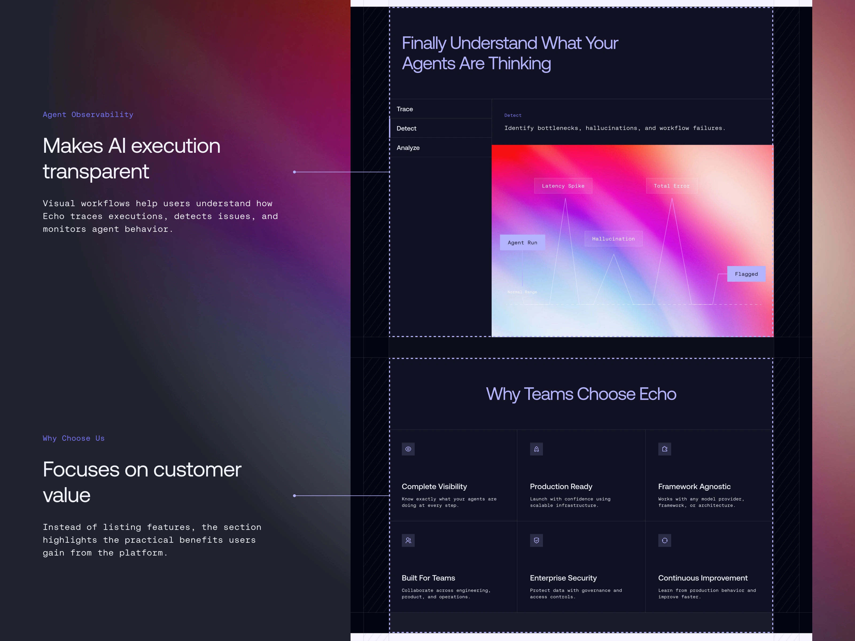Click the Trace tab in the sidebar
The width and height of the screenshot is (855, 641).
pos(440,109)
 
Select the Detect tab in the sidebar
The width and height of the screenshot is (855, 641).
pos(440,128)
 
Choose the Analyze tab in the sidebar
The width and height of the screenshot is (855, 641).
pos(440,148)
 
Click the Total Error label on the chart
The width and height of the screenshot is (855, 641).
pos(672,186)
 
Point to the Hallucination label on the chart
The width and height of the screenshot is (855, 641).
pos(613,239)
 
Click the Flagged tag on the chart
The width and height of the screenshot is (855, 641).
pos(746,274)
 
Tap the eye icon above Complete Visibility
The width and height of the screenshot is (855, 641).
pos(408,449)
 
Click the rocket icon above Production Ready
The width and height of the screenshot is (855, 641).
pos(537,449)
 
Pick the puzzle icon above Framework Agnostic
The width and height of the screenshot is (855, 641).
pos(665,449)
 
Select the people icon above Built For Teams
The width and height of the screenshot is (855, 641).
pos(408,541)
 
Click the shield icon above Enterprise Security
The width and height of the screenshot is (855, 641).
pos(537,541)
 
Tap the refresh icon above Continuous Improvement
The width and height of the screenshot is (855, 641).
pos(665,541)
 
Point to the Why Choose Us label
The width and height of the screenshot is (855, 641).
pos(73,438)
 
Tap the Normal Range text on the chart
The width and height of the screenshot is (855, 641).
pos(522,292)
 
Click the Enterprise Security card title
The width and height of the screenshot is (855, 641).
pos(563,578)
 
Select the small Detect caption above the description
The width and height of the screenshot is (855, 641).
pos(513,115)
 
